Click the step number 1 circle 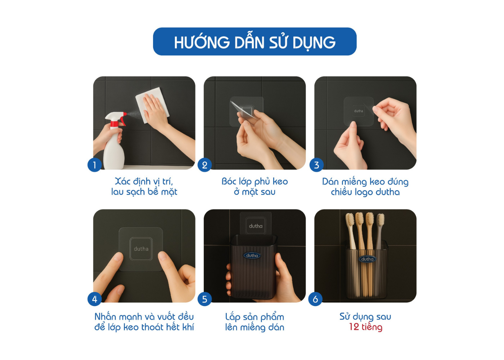coord(94,165)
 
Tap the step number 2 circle coord(204,165)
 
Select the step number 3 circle coord(316,165)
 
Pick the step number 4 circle coord(94,299)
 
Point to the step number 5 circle coord(204,299)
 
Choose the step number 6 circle coord(315,299)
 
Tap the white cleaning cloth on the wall coord(152,105)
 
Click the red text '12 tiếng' coord(366,327)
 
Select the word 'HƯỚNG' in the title coord(202,42)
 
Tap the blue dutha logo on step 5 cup coord(252,255)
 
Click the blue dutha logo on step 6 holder coord(367,259)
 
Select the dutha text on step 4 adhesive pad coord(141,249)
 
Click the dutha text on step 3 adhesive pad coord(359,111)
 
